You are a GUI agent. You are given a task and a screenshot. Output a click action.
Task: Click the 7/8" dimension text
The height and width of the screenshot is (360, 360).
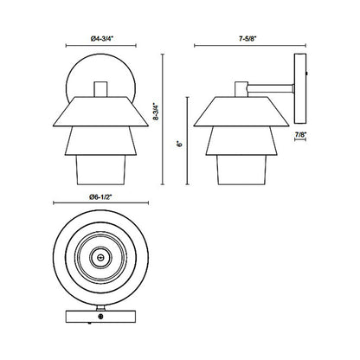[299, 135]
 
